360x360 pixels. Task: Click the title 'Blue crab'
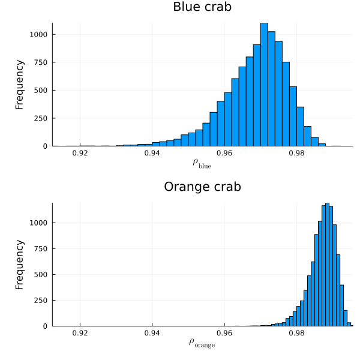[202, 7]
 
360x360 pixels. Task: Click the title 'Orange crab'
[202, 187]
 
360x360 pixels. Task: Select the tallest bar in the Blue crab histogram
[264, 85]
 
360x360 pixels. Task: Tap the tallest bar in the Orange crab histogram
[327, 264]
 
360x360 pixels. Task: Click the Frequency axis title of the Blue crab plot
[20, 84]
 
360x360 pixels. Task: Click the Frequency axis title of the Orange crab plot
[20, 264]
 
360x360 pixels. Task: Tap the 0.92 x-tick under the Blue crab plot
[80, 153]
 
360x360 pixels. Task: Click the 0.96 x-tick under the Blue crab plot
[224, 153]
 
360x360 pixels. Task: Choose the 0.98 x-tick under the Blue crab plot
[296, 153]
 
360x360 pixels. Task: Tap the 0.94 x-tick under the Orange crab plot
[152, 333]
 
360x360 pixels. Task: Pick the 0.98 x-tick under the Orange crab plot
[296, 333]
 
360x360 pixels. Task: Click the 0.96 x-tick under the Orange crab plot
[224, 333]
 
